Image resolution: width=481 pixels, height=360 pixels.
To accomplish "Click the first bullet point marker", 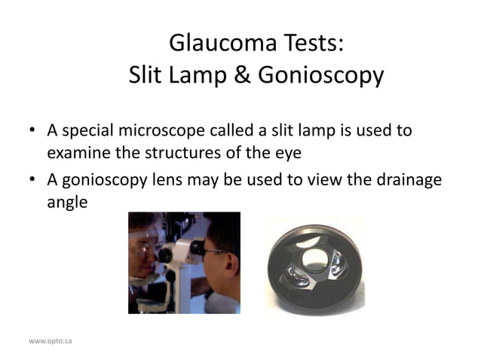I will (x=32, y=131).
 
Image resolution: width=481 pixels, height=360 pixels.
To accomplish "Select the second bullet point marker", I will (x=32, y=182).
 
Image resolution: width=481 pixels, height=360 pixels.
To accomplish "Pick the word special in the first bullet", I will (x=86, y=131).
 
